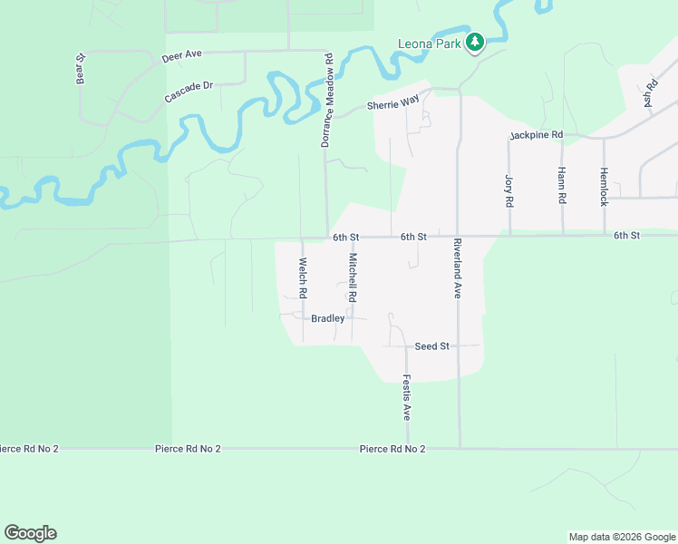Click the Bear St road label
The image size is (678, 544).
point(81,70)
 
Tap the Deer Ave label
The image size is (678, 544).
point(181,56)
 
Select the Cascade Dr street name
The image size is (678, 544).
point(189,92)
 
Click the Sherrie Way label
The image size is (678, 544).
point(392,104)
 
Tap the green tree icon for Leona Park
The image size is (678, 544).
point(474,43)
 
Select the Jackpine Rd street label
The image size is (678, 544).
point(536,135)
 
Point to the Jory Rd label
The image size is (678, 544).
point(508,188)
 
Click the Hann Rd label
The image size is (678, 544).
point(562,186)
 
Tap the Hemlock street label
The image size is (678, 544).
point(603,186)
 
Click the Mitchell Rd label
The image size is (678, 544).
point(353,278)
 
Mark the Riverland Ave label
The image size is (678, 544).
point(458,268)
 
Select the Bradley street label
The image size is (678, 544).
point(327,318)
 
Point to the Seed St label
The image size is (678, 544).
point(431,346)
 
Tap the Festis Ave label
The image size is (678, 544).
point(407,398)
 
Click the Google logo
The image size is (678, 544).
point(30,533)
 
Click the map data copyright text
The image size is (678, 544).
point(621,537)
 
